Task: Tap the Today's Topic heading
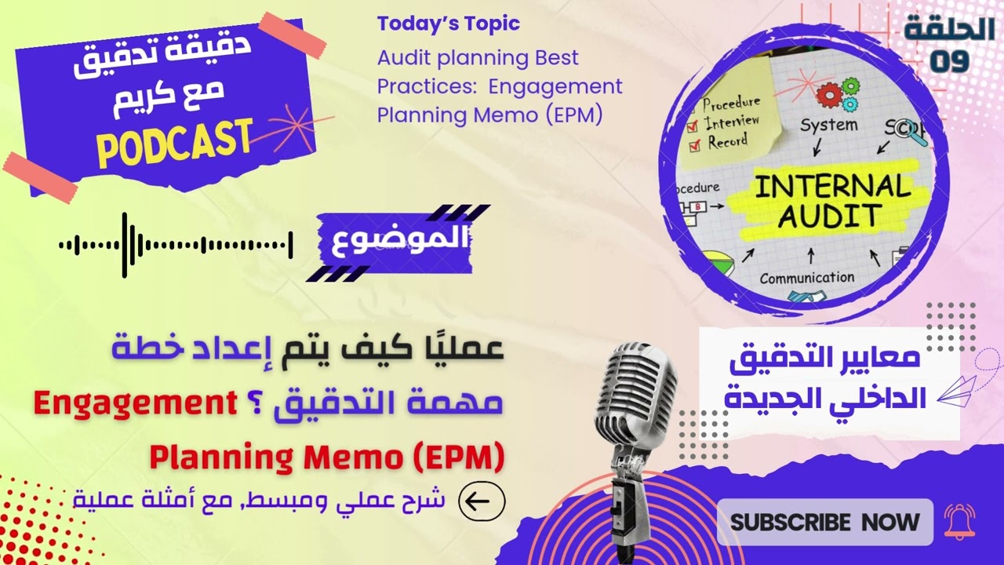tap(448, 24)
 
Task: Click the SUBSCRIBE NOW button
tap(824, 522)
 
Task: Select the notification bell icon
tap(959, 522)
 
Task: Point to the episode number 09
tap(950, 62)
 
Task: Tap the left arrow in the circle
tap(482, 501)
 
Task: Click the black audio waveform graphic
tap(176, 245)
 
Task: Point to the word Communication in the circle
tap(806, 278)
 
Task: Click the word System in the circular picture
tap(828, 126)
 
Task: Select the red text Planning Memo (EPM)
tap(326, 457)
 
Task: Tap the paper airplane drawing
tap(957, 390)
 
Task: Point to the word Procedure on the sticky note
tap(731, 103)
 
